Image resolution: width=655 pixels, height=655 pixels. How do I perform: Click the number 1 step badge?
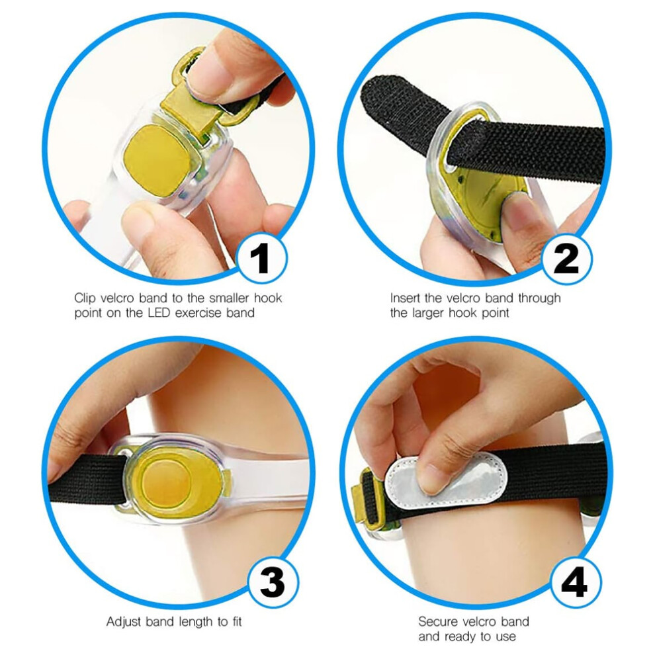point(261,258)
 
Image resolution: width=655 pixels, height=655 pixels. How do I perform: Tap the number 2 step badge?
point(566,259)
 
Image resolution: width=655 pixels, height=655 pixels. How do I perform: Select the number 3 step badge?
point(273,582)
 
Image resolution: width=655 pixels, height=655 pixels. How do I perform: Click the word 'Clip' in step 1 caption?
point(85,298)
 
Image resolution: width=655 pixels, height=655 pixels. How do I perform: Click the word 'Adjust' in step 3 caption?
point(124,621)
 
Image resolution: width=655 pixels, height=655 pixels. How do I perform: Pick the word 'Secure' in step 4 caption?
point(437,621)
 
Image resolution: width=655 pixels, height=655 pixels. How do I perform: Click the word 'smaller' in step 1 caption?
point(229,298)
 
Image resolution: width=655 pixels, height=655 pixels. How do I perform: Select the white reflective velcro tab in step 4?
point(445,481)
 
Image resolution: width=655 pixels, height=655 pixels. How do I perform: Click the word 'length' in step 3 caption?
point(196,622)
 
